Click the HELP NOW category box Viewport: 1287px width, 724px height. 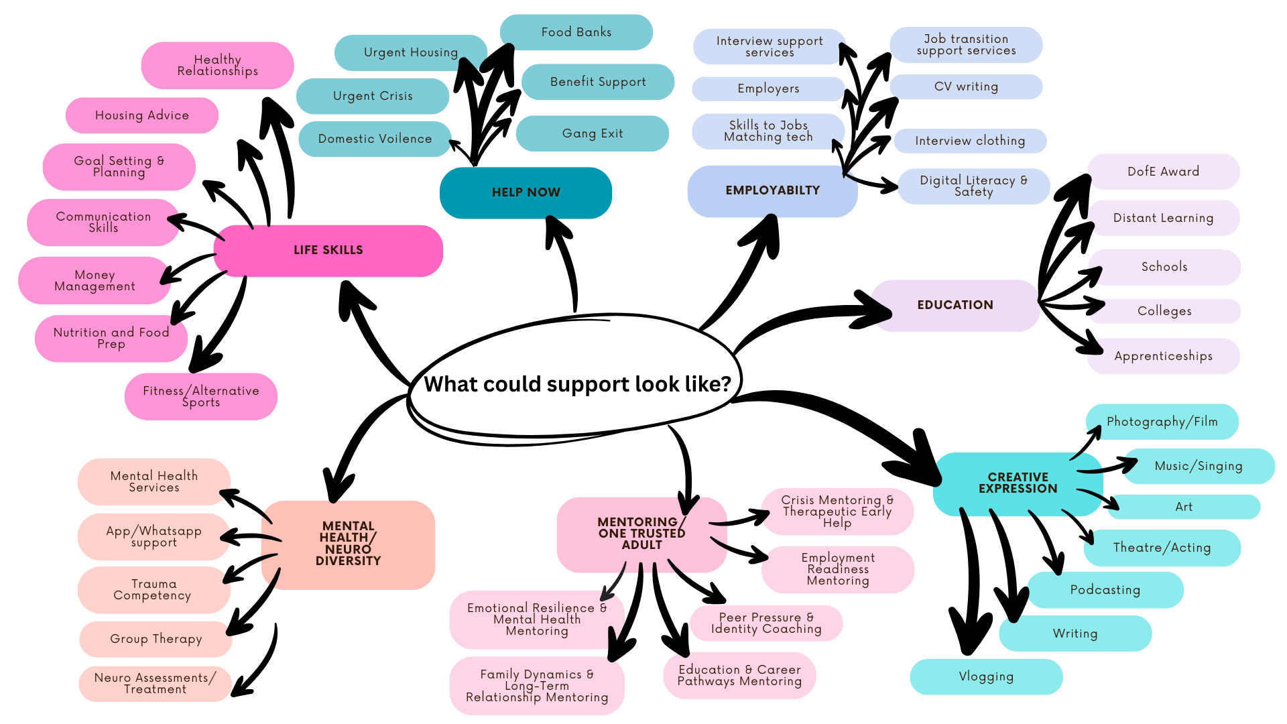click(526, 192)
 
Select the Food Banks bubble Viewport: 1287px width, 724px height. click(576, 32)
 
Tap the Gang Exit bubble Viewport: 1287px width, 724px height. click(593, 133)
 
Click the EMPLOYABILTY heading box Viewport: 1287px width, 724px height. click(772, 191)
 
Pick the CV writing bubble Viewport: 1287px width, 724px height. click(966, 86)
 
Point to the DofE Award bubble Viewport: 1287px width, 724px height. click(1163, 172)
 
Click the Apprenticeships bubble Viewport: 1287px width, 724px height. click(1163, 356)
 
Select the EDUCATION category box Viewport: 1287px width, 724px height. click(955, 305)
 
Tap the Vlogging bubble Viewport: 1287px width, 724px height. click(986, 676)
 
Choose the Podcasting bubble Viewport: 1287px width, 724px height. click(1105, 590)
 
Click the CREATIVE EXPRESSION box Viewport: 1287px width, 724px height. click(1018, 483)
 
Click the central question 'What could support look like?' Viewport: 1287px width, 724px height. click(576, 384)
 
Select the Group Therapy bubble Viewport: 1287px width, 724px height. click(156, 639)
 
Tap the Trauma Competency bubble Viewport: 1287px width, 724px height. click(153, 590)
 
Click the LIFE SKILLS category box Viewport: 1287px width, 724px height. click(328, 250)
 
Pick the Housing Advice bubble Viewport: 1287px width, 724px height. click(142, 115)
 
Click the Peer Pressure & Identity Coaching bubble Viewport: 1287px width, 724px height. click(765, 623)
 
